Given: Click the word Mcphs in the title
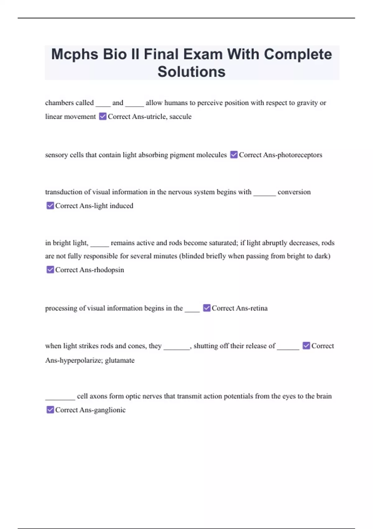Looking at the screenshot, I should point(75,54).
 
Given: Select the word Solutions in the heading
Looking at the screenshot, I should point(191,72).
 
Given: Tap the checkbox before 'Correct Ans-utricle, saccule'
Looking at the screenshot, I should point(103,116).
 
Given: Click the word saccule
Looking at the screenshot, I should point(180,117).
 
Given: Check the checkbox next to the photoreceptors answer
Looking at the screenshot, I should point(234,155).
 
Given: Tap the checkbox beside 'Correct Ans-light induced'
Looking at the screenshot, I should point(50,206).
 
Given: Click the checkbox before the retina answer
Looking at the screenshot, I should point(207,308).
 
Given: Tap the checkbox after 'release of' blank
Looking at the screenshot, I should point(306,346).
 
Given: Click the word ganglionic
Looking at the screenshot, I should point(110,410).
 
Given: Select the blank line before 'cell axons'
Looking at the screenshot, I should point(60,398).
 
